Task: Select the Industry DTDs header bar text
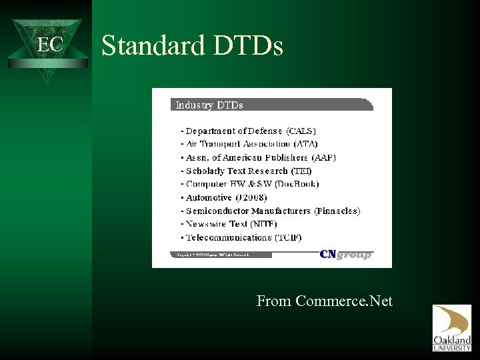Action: coord(209,105)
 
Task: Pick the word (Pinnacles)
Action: coord(337,211)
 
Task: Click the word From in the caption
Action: coord(274,301)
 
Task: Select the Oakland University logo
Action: coord(451,327)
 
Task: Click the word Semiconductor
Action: coord(223,211)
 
